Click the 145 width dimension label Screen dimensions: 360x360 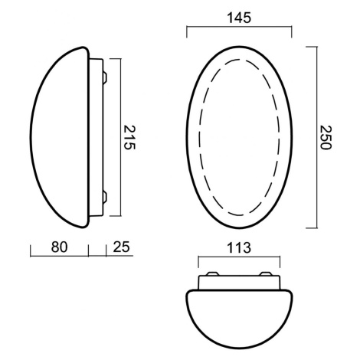click(239, 18)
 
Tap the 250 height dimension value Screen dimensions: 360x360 click(325, 137)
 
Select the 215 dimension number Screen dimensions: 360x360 click(129, 137)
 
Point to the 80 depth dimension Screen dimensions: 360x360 click(59, 247)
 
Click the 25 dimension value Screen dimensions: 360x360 click(121, 247)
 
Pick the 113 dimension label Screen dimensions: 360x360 click(239, 247)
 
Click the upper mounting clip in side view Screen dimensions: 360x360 click(105, 77)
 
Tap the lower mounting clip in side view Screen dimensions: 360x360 click(105, 197)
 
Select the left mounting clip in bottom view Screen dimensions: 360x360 click(212, 274)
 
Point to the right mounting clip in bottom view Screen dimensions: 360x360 click(266, 274)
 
